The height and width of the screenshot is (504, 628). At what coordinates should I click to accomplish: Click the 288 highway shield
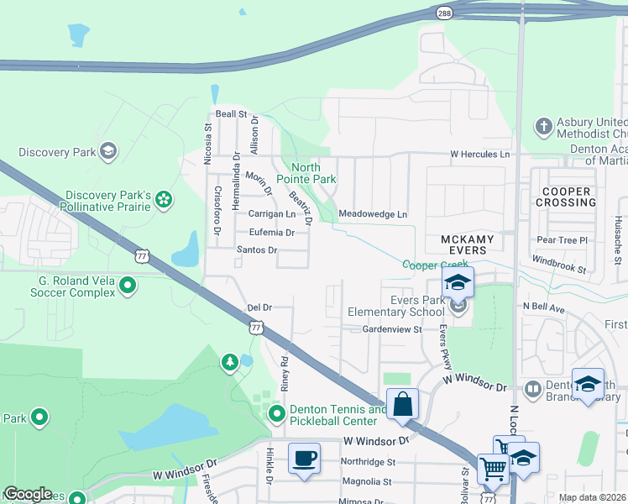point(443,12)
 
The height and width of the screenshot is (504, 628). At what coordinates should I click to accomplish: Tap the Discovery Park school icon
point(107,151)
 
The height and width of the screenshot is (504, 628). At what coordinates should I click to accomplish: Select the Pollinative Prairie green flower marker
point(164,199)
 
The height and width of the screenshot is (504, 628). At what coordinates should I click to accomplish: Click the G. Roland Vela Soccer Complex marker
point(128,286)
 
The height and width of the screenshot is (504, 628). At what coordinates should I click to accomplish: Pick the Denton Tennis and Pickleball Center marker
point(277,414)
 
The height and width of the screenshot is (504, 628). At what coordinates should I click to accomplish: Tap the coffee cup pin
point(304,459)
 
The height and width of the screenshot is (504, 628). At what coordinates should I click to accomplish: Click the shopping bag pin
point(403,404)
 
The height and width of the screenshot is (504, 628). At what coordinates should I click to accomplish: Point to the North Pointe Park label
point(311,173)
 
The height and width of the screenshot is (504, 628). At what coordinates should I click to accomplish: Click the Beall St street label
point(231,113)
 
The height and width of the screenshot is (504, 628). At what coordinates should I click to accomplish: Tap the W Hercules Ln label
point(479,155)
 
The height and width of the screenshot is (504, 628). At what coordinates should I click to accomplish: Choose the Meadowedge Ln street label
point(373,215)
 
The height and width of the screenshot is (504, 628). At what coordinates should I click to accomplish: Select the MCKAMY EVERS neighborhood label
point(463,244)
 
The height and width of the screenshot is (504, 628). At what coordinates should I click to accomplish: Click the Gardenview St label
point(391,330)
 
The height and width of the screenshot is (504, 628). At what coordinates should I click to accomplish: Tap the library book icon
point(532,390)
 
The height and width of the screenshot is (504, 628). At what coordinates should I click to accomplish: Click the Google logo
point(28,494)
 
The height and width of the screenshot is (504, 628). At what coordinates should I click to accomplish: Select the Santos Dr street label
point(256,250)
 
